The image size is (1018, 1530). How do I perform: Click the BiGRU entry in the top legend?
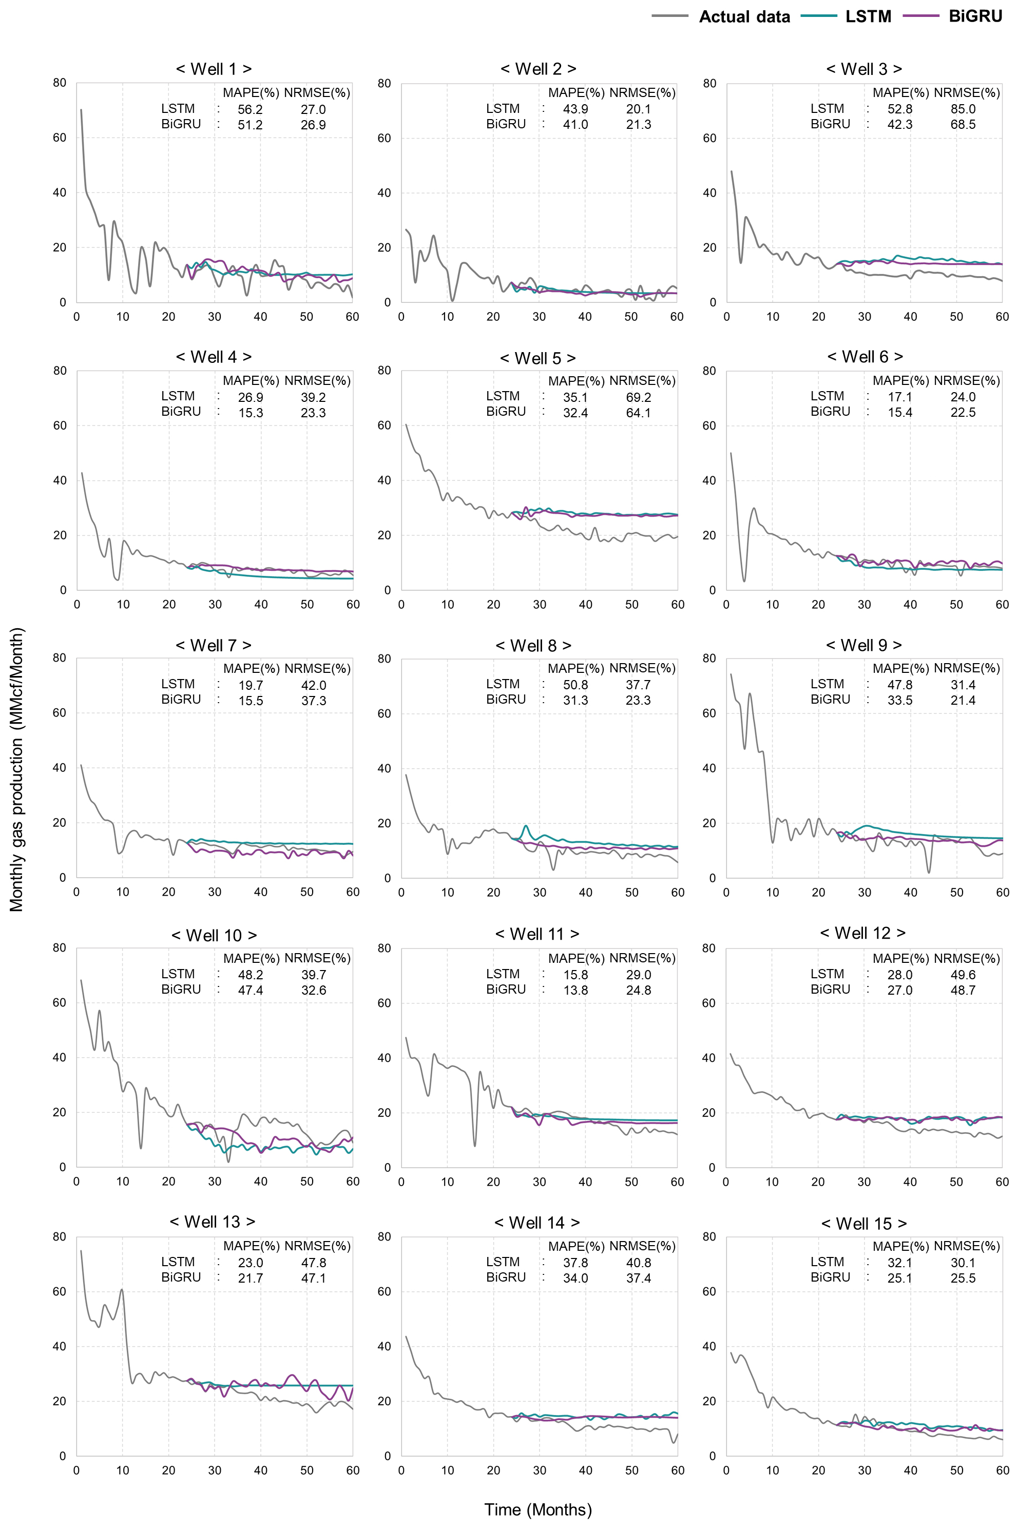tap(975, 16)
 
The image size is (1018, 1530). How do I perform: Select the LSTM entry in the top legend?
tap(868, 16)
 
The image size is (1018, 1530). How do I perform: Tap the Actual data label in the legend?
tap(744, 17)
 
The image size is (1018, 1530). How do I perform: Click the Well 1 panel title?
tap(214, 69)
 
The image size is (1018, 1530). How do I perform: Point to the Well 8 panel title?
tap(533, 645)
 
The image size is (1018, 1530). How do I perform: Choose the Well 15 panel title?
tap(863, 1223)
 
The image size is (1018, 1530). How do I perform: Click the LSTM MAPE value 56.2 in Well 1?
tap(250, 109)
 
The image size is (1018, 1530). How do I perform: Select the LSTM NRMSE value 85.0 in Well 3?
tap(963, 109)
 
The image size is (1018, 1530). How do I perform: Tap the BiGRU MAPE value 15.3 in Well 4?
tap(251, 412)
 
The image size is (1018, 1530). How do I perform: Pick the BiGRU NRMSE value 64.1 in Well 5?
tap(638, 412)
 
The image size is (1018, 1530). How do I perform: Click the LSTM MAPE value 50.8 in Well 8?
tap(575, 685)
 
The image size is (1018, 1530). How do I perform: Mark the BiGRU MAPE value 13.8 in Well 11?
tap(575, 990)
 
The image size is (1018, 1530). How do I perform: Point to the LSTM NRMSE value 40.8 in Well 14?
tap(638, 1263)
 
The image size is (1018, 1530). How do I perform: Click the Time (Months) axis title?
tap(537, 1509)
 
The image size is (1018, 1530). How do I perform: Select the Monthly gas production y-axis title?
tap(16, 769)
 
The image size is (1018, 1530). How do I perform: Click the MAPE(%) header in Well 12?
tap(900, 958)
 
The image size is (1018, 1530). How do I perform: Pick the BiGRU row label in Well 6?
tap(830, 412)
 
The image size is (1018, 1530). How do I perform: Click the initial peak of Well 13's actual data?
tap(81, 1250)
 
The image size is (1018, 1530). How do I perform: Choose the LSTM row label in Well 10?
tap(178, 974)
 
